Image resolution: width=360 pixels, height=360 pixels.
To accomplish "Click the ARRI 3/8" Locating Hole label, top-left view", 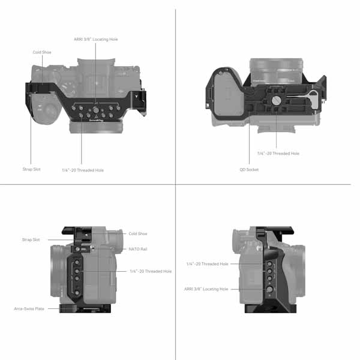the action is point(96,40).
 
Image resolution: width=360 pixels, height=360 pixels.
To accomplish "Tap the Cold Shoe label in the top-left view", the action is point(42,52).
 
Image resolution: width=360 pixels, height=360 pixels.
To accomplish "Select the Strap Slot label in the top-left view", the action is point(31,169).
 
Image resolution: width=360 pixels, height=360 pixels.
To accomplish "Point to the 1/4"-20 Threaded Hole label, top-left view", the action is point(83,170).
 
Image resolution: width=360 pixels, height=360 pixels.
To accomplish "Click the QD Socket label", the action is point(249,170).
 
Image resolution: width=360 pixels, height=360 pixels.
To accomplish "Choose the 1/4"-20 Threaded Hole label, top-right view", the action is point(278,154).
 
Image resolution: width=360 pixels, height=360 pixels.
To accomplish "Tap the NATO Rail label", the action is point(138,249).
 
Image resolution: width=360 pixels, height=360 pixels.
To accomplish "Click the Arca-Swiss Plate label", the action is point(29,309).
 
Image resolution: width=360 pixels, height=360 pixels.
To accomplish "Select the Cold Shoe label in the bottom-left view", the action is point(138,234).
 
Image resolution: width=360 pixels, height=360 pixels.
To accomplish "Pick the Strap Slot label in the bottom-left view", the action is point(31,239).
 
